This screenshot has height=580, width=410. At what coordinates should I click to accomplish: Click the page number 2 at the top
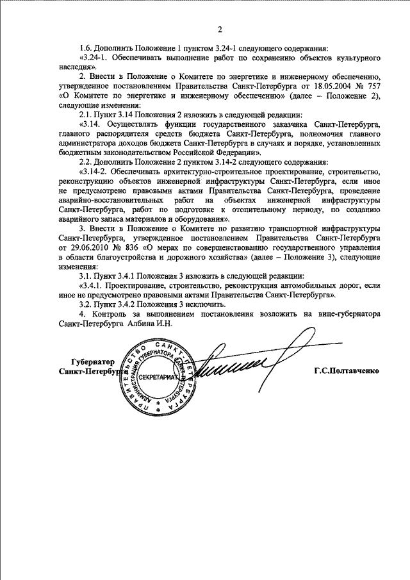tap(219, 29)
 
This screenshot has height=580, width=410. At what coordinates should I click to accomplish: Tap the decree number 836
tap(137, 247)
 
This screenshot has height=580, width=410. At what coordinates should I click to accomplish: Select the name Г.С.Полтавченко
tap(347, 371)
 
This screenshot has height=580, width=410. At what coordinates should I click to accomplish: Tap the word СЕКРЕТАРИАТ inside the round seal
tap(158, 379)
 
